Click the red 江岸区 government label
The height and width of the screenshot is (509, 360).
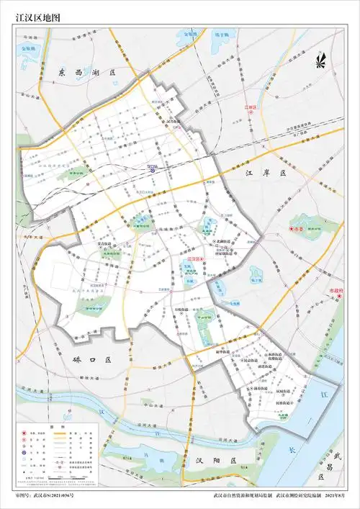click(x=251, y=107)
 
